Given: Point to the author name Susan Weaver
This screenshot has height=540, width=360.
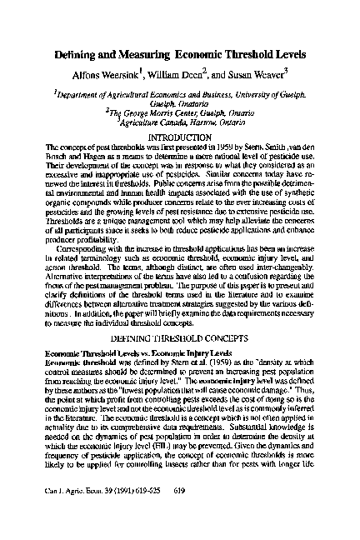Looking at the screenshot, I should tap(257, 72).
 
